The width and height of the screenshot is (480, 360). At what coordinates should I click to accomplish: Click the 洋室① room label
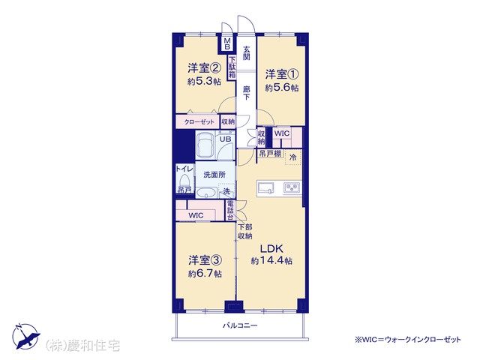point(282,74)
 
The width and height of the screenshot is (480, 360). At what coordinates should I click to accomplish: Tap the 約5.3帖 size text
point(204,82)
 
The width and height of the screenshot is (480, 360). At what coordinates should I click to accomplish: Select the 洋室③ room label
point(205,260)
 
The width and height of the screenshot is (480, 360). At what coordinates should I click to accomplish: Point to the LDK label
point(271,248)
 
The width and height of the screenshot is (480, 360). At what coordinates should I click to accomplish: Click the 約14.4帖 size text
point(271,260)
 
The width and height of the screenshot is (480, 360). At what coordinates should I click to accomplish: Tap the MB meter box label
point(227,43)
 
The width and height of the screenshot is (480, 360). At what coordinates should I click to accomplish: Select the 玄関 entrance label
point(247,53)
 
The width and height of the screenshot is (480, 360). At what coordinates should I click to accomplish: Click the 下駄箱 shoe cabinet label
point(232,67)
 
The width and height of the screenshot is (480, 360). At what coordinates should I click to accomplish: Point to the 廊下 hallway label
point(247,93)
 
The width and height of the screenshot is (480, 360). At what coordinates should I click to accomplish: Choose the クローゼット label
point(199,121)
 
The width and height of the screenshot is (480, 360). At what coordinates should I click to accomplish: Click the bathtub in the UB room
point(205,145)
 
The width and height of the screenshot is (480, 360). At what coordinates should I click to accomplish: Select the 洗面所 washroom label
point(214,175)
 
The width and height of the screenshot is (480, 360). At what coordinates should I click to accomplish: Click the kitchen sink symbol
point(266,187)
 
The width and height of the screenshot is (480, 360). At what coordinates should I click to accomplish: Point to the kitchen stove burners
point(292,187)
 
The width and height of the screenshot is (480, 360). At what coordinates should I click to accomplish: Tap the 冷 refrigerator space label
point(293,157)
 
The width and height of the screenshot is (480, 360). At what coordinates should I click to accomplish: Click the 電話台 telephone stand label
point(230,210)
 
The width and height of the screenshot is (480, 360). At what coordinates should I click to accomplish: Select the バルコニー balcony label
point(240,325)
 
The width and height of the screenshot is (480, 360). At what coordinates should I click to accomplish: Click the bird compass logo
point(25,337)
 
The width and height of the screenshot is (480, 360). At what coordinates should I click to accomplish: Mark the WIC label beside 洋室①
point(282,133)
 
